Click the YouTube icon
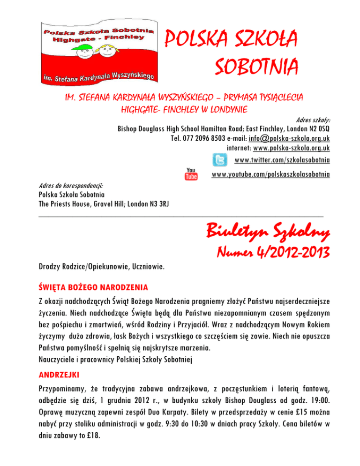(x=191, y=173)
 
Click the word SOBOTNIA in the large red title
(x=255, y=69)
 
